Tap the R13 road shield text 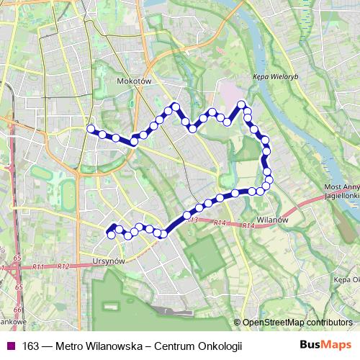(190, 220)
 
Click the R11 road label (38, 267)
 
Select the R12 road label (63, 267)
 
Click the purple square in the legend (9, 346)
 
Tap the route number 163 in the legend (31, 346)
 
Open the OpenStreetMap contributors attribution (297, 322)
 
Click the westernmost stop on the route (91, 128)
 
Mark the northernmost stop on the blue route (242, 104)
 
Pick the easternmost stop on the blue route (269, 179)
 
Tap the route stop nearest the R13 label (186, 215)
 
